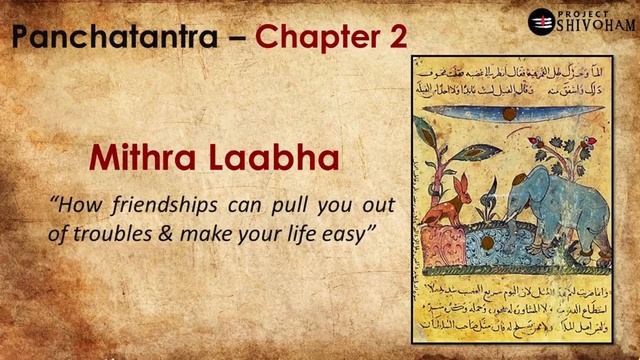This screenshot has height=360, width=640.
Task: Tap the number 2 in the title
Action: pyautogui.click(x=396, y=38)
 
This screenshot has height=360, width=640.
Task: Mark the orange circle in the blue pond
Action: pyautogui.click(x=487, y=242)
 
